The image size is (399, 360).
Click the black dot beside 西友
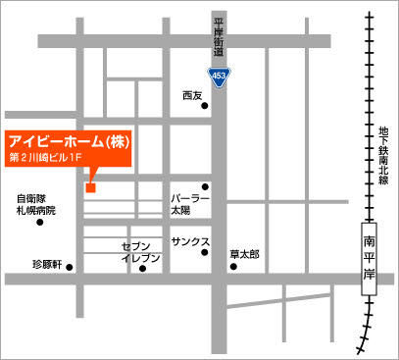click(206, 107)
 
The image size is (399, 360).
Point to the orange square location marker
click(90, 187)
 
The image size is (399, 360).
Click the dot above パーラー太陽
click(206, 186)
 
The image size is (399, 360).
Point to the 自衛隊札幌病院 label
click(36, 204)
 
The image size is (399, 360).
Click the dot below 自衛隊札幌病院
click(39, 222)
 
